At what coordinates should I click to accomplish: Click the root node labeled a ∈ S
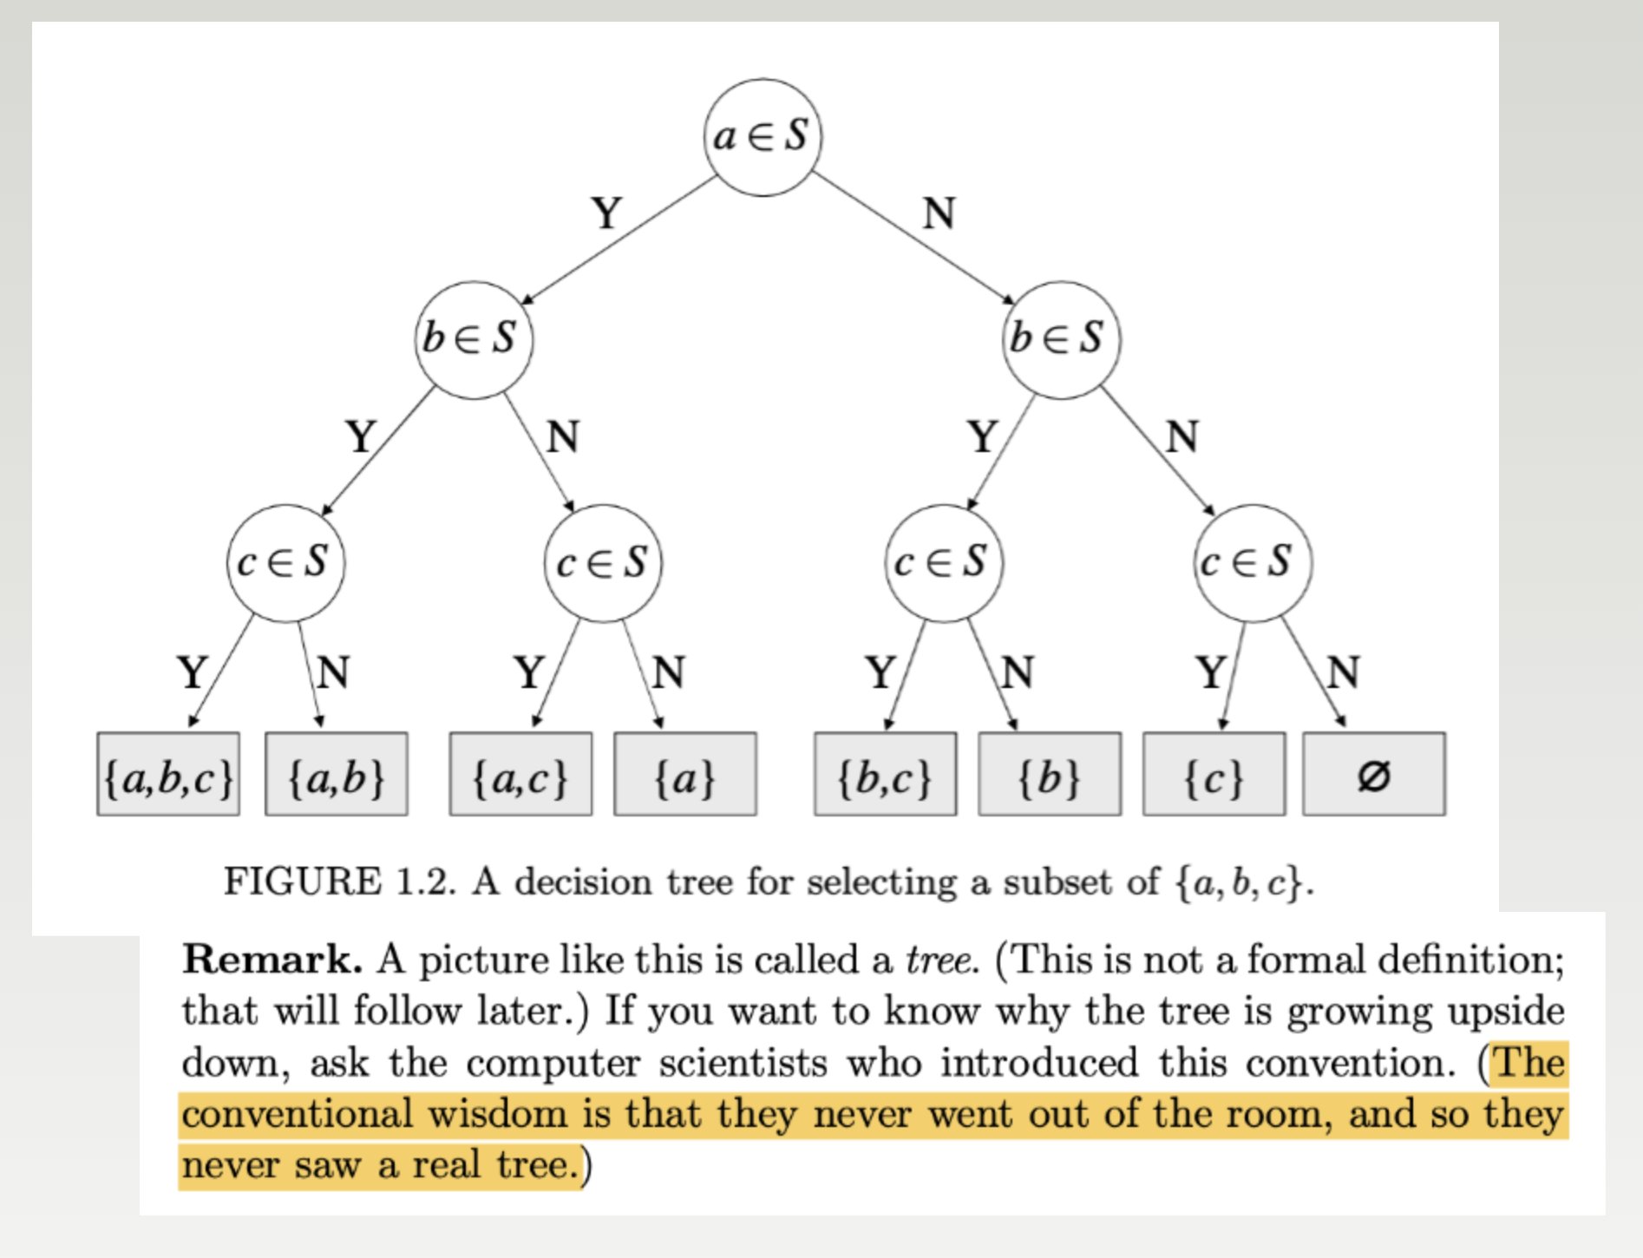pyautogui.click(x=762, y=137)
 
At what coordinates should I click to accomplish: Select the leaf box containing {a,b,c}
pyautogui.click(x=168, y=775)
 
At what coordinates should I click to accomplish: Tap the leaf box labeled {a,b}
pyautogui.click(x=337, y=775)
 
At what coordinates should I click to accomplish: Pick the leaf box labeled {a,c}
pyautogui.click(x=520, y=775)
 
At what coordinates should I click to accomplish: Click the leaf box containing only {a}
pyautogui.click(x=685, y=775)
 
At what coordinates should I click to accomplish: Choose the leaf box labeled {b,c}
pyautogui.click(x=885, y=775)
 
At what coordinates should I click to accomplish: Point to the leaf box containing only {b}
pyautogui.click(x=1050, y=775)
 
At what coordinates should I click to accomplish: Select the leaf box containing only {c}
pyautogui.click(x=1214, y=775)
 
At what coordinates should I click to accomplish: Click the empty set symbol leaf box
pyautogui.click(x=1374, y=775)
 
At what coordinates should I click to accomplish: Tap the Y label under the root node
pyautogui.click(x=607, y=213)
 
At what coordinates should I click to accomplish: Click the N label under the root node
pyautogui.click(x=939, y=213)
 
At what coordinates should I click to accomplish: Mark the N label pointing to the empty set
pyautogui.click(x=1343, y=672)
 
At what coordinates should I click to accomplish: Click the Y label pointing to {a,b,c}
pyautogui.click(x=193, y=672)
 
